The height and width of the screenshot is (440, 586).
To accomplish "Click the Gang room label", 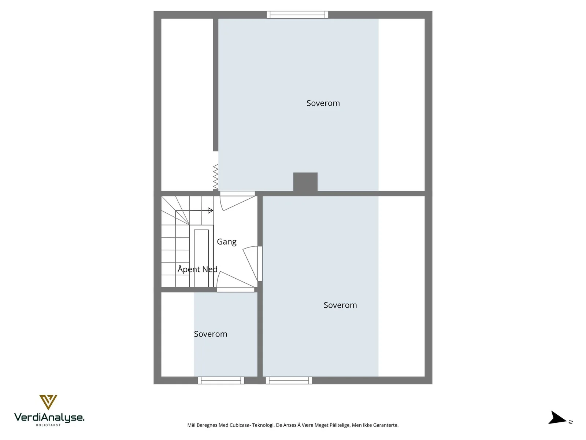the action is tap(226, 242).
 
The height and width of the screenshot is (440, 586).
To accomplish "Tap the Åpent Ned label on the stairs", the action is tap(197, 269).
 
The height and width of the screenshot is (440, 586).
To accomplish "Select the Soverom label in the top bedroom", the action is tap(323, 103).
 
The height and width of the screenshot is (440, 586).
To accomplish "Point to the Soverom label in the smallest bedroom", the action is tap(210, 334).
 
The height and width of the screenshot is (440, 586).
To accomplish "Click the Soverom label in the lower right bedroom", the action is tap(340, 305).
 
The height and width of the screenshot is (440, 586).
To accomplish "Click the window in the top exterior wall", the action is tap(297, 15).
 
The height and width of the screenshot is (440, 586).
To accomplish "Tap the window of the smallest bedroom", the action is tap(221, 381).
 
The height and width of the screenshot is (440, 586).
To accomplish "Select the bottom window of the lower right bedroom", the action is tap(289, 381).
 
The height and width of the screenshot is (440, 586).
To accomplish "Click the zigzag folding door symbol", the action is tap(216, 177).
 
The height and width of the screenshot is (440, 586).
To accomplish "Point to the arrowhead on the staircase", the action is tap(211, 210).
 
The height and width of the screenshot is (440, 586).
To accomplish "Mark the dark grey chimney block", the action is tap(305, 182).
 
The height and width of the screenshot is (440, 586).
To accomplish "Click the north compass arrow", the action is tap(557, 418).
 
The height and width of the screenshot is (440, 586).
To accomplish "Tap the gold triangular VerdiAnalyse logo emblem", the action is tap(48, 402).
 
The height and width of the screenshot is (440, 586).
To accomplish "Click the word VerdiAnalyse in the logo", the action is tap(49, 418).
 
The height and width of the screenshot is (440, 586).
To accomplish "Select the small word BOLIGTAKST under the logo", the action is tap(48, 425).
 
